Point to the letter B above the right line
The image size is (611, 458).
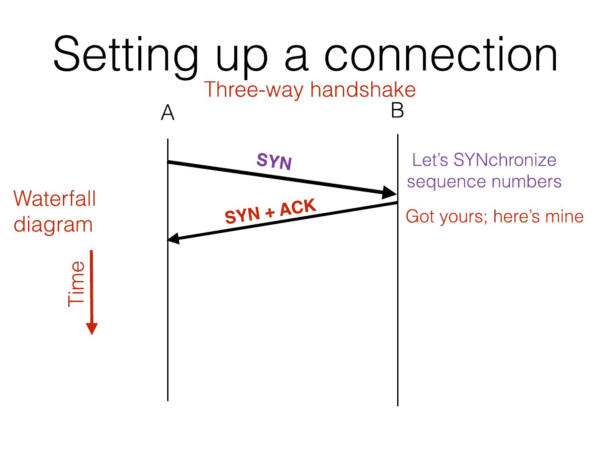(397, 111)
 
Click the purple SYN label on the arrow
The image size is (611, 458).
(275, 162)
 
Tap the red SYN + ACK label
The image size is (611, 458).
(271, 211)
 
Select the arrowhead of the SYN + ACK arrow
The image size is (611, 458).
(174, 239)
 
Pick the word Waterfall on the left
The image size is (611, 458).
(55, 198)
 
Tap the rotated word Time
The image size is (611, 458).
(77, 283)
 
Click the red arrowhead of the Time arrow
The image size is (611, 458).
(92, 329)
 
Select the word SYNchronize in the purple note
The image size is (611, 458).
(504, 160)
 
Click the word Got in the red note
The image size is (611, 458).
(421, 216)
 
